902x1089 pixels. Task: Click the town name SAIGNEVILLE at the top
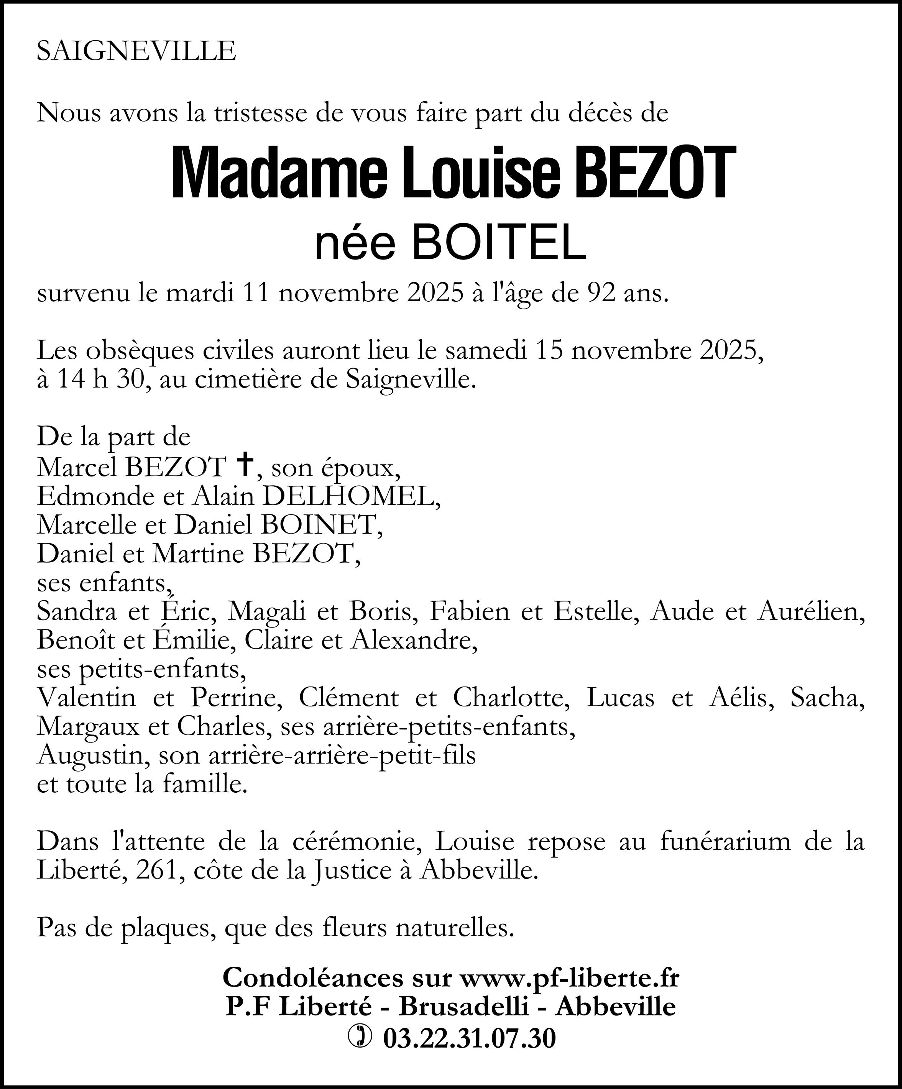coord(136,51)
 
